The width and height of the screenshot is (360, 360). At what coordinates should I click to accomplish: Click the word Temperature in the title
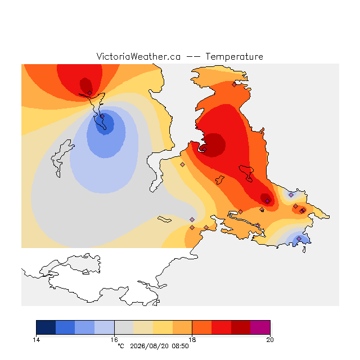(234, 57)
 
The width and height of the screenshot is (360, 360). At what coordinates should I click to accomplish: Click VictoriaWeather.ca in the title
(138, 57)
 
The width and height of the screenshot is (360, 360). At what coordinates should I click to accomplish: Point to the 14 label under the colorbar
(36, 340)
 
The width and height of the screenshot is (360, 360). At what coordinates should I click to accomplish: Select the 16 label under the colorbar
(114, 340)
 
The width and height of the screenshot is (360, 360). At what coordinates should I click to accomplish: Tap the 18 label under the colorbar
(192, 340)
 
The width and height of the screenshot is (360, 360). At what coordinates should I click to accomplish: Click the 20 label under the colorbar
(270, 340)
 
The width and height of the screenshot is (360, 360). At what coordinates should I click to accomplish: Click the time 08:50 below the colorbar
(180, 346)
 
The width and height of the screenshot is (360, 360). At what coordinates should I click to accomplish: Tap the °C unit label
(121, 346)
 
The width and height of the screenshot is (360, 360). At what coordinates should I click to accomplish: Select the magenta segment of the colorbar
(260, 327)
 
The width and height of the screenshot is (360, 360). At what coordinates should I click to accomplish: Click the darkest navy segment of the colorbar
(46, 327)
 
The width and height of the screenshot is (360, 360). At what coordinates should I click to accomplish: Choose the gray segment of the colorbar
(124, 327)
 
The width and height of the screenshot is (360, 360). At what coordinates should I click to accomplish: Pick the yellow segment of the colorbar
(163, 327)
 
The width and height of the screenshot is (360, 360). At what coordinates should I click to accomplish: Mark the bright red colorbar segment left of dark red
(221, 327)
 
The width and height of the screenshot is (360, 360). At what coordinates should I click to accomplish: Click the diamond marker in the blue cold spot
(102, 116)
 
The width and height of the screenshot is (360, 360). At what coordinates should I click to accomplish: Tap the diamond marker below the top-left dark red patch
(90, 93)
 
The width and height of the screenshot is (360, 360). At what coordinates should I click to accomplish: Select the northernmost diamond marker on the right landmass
(234, 85)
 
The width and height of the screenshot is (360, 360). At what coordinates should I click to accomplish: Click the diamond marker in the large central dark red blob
(204, 149)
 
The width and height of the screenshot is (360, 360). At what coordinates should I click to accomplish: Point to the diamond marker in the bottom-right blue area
(299, 238)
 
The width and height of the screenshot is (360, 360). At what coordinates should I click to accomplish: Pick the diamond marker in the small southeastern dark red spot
(268, 201)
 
